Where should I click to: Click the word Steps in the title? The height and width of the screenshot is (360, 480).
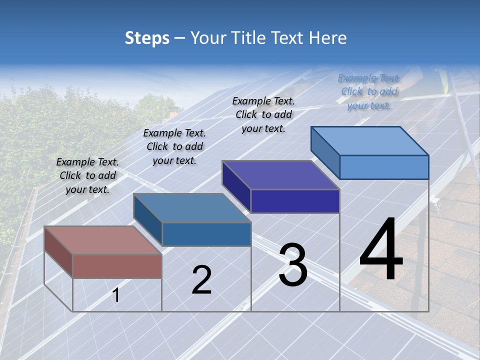click(x=147, y=38)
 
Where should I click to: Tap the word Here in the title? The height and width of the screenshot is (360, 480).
click(x=327, y=38)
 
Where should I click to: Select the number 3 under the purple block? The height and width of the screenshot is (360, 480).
click(x=293, y=265)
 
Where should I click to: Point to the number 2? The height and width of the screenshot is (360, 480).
click(x=201, y=280)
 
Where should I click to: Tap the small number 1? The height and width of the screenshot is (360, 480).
click(x=116, y=295)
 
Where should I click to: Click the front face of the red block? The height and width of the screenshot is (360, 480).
click(x=117, y=266)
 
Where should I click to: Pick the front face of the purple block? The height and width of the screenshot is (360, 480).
click(x=295, y=201)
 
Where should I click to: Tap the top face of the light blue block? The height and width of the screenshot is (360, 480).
click(x=369, y=140)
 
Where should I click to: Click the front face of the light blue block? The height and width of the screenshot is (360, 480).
click(x=384, y=167)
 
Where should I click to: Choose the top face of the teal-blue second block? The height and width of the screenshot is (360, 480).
click(x=191, y=207)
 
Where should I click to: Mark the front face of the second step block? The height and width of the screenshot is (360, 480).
click(x=206, y=234)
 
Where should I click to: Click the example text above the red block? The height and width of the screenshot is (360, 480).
click(x=87, y=175)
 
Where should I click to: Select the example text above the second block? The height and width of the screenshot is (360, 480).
click(x=174, y=146)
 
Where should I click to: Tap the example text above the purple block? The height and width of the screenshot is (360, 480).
click(x=263, y=114)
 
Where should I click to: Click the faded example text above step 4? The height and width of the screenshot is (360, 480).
click(x=369, y=91)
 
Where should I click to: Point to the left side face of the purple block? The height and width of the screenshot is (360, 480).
click(x=236, y=186)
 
